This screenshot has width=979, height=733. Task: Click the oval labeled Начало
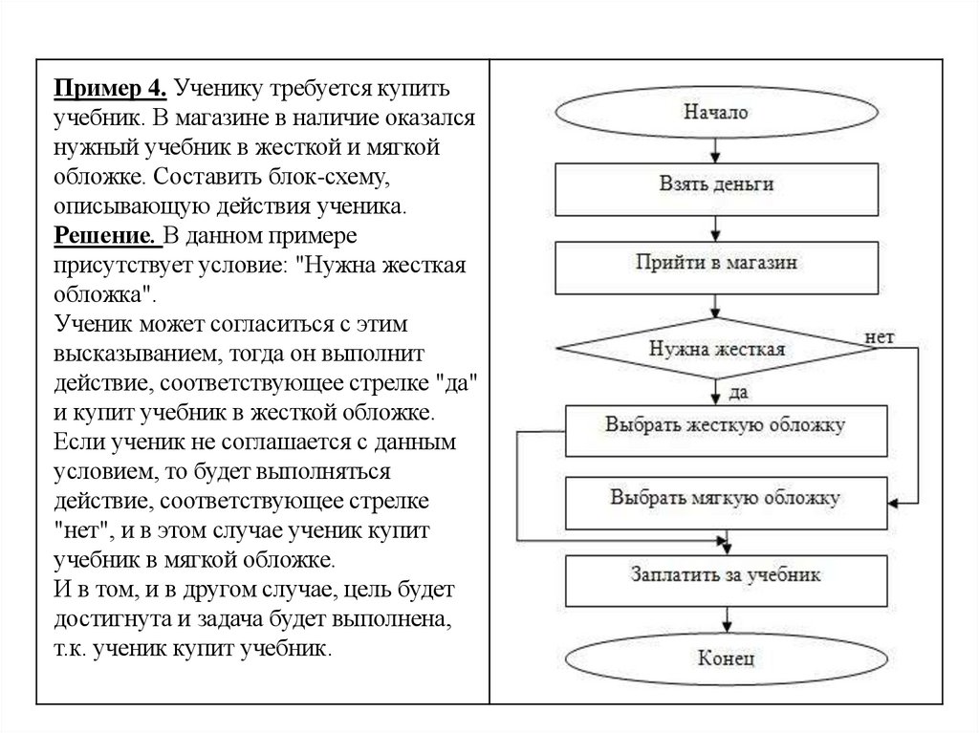[716, 112]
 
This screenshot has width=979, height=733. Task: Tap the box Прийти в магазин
[716, 264]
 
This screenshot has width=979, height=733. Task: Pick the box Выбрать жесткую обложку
[724, 426]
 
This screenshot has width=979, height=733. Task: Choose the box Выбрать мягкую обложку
[724, 498]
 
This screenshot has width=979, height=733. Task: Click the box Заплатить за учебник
[724, 576]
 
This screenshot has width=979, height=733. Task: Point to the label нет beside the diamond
[879, 337]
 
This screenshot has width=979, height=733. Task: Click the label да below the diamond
[738, 392]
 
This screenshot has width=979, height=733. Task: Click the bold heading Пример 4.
[111, 88]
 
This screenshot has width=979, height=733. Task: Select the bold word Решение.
[105, 236]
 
